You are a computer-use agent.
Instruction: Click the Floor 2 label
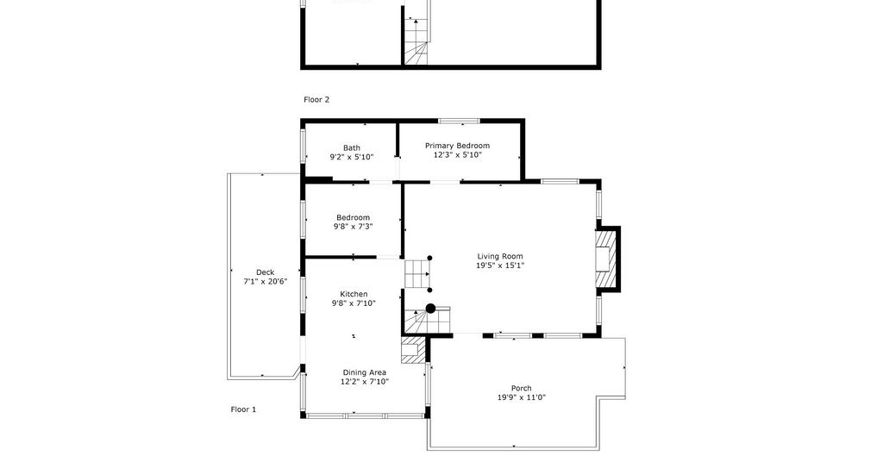coord(316,100)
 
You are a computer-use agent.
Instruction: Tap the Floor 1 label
coord(243,409)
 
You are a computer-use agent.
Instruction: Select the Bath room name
coord(352,148)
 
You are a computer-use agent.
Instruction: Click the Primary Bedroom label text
coord(457,146)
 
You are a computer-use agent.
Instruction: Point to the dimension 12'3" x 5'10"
coord(457,155)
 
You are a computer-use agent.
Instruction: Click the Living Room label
coord(500,256)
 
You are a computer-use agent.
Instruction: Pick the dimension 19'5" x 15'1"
coord(500,265)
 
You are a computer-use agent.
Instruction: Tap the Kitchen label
coord(354,294)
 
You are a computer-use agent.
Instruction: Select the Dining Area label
coord(365,372)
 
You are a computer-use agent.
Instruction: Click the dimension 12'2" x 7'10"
coord(365,381)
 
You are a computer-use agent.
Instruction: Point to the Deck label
coord(266,272)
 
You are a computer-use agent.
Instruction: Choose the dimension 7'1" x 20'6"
coord(266,281)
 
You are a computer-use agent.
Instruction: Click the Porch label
coord(522,388)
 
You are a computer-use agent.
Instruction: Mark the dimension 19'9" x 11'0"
coord(522,396)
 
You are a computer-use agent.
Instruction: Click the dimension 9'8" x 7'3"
coord(353,226)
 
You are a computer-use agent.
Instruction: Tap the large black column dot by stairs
coord(431,309)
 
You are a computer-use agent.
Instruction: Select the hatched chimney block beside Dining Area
coord(413,350)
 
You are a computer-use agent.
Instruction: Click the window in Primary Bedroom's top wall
coord(459,121)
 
